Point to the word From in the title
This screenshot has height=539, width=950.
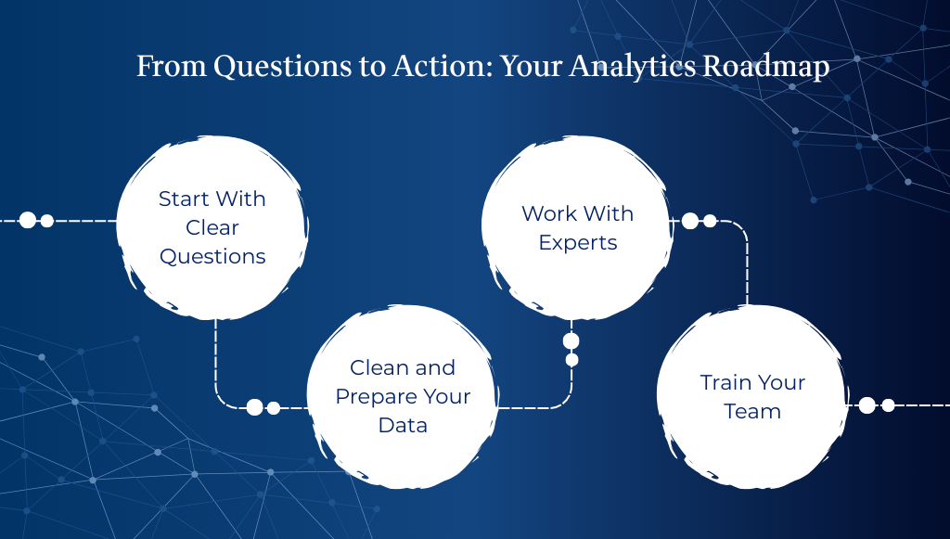click(x=170, y=67)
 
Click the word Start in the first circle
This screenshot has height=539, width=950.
click(x=184, y=199)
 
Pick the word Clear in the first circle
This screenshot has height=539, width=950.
click(x=212, y=227)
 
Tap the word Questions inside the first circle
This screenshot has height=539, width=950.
click(x=212, y=257)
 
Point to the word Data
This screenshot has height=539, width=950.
click(x=403, y=426)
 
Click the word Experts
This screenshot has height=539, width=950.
click(x=578, y=243)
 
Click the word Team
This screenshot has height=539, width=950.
click(x=752, y=412)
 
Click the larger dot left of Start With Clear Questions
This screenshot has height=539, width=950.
click(x=28, y=220)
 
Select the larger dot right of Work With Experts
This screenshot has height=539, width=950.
click(x=690, y=221)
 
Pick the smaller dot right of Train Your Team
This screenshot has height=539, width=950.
click(x=888, y=405)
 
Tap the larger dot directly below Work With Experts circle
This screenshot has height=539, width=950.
click(x=571, y=340)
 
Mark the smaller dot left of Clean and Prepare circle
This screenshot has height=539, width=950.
click(x=274, y=408)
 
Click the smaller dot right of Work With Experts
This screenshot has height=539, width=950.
click(x=710, y=221)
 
